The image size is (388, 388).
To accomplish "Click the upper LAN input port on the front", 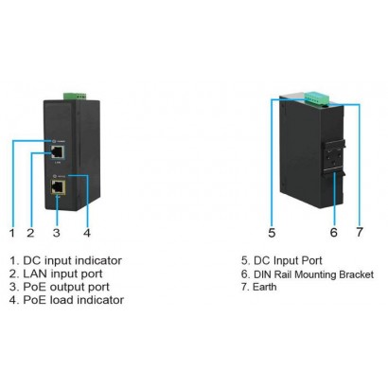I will pos(59,150).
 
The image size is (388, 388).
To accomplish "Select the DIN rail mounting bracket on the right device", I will pos(334,157).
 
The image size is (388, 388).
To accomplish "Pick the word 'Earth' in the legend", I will pos(268,286).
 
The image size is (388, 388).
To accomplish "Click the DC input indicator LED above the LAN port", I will pos(59,139).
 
